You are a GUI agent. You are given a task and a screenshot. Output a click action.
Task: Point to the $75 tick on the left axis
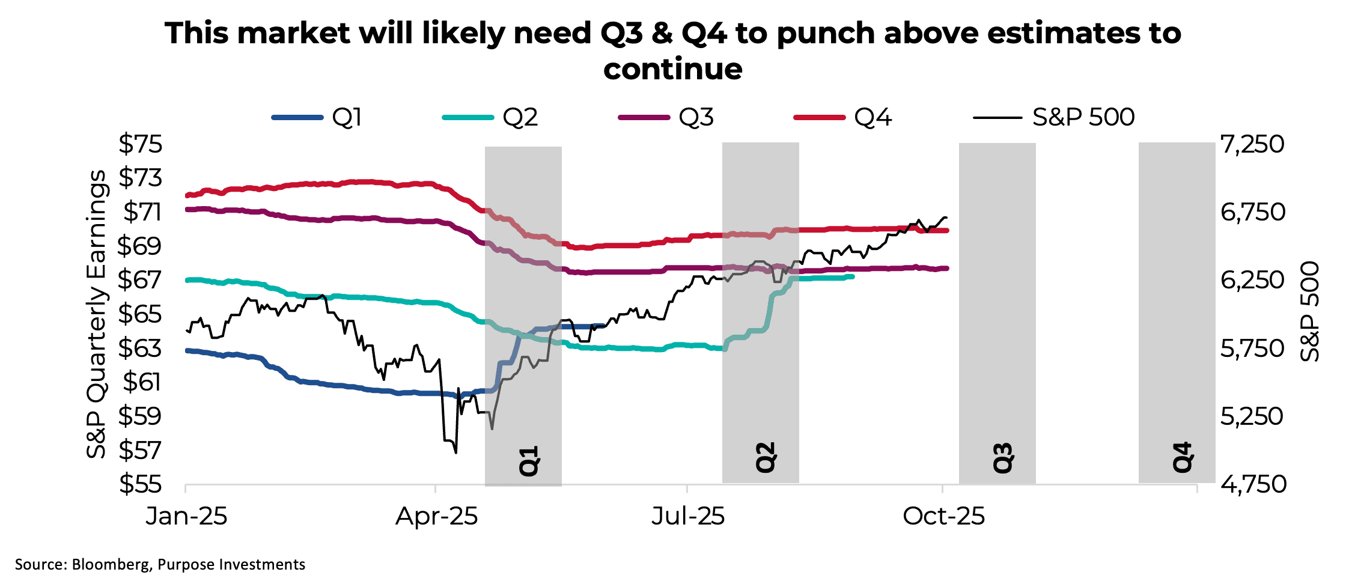pyautogui.click(x=140, y=144)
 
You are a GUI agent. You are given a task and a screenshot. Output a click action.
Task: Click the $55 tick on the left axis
pyautogui.click(x=140, y=484)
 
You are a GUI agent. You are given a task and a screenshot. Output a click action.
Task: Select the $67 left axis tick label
pyautogui.click(x=140, y=280)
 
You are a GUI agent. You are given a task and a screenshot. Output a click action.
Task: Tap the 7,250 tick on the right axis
pyautogui.click(x=1252, y=144)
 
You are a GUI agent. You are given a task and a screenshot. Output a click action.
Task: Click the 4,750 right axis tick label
pyautogui.click(x=1253, y=484)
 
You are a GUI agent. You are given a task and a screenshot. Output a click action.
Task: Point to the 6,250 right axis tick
pyautogui.click(x=1252, y=280)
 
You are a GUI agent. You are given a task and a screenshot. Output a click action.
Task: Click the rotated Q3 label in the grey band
pyautogui.click(x=1002, y=458)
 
